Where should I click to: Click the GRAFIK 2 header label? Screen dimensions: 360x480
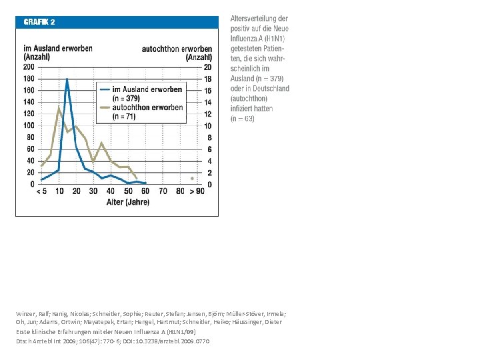(39, 21)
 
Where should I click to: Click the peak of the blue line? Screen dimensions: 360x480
(67, 79)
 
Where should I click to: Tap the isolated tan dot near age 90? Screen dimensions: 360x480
(193, 178)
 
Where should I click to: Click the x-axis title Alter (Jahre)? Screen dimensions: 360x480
(127, 202)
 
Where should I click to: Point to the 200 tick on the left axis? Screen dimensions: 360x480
(29, 67)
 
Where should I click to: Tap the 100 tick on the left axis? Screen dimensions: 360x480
(29, 125)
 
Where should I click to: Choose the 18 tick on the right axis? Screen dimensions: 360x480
(208, 79)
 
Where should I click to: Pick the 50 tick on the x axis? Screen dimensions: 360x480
(128, 191)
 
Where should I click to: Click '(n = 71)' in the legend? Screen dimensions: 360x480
(124, 116)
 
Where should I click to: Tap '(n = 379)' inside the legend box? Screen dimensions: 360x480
(126, 98)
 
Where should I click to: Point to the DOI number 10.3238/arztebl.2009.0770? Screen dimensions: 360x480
(171, 341)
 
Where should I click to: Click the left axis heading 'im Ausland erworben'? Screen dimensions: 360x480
(58, 49)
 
